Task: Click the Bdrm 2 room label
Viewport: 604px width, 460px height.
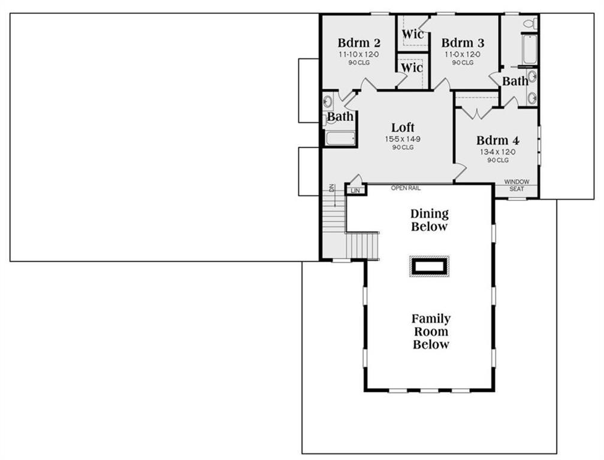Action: click(358, 43)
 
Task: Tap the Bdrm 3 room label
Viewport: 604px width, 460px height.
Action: click(463, 43)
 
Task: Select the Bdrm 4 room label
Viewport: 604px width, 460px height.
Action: click(498, 140)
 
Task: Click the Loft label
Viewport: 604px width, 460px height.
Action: click(403, 128)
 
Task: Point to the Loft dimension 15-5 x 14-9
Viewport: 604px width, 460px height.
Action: click(403, 140)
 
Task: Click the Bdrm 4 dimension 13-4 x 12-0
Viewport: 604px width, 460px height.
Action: click(498, 152)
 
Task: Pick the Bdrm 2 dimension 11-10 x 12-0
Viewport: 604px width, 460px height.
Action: click(358, 55)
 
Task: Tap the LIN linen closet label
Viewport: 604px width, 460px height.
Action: click(355, 190)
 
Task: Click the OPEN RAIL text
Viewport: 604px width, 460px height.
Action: click(406, 188)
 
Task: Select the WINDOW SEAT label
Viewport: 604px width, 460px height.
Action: click(517, 185)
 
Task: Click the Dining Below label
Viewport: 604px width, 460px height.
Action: click(429, 220)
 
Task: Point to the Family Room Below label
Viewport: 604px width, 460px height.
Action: click(431, 331)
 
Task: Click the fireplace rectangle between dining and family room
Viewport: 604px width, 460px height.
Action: click(430, 267)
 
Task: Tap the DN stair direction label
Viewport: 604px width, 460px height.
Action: click(331, 188)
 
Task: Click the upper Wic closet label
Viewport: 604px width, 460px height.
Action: click(412, 34)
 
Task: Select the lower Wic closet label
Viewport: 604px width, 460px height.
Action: click(412, 68)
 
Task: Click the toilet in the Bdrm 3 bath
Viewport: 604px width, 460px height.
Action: click(530, 23)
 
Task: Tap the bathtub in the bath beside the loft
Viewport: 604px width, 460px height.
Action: click(340, 138)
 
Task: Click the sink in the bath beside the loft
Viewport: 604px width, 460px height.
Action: click(328, 102)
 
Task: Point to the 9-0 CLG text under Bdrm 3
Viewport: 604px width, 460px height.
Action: click(463, 63)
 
